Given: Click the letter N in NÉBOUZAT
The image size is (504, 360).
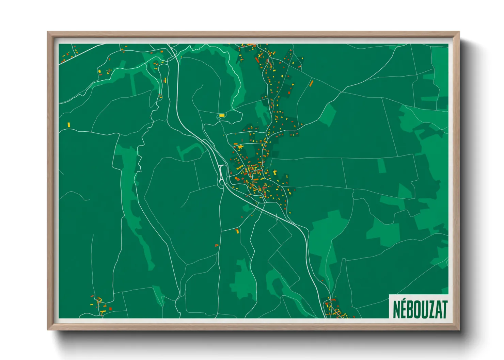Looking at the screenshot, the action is (397, 309).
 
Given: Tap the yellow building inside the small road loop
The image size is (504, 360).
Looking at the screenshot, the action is (222, 116).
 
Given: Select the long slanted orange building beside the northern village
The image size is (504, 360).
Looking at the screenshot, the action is (311, 83).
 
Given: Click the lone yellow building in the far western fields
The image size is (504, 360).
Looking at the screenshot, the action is (68, 125).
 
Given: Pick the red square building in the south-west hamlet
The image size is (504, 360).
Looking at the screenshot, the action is (110, 309).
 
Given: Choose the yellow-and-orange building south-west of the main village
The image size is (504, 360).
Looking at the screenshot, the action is (237, 231).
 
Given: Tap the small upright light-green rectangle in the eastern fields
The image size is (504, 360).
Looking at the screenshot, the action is (382, 165).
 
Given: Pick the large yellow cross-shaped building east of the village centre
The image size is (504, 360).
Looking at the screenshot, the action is (275, 172).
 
